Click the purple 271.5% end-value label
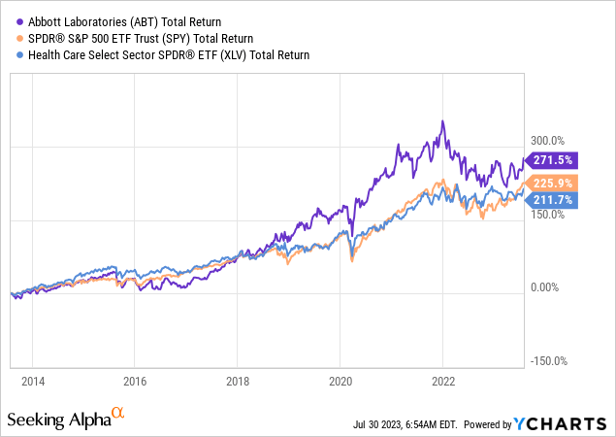click(x=553, y=160)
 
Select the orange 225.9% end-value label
click(x=553, y=183)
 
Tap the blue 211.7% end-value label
click(x=553, y=200)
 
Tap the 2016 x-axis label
click(x=135, y=382)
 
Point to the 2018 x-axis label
click(x=238, y=382)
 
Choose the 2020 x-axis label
click(x=340, y=382)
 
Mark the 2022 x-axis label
click(x=443, y=382)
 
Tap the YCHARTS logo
click(x=572, y=423)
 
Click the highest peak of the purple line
click(x=442, y=120)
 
